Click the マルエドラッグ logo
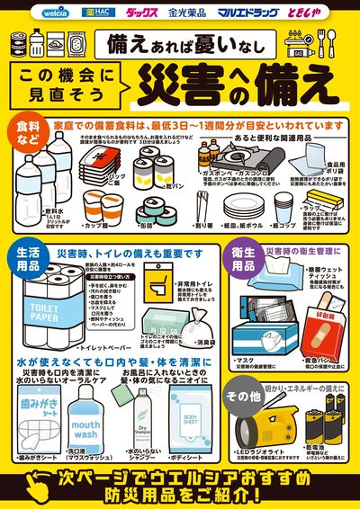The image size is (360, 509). coord(245,13)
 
